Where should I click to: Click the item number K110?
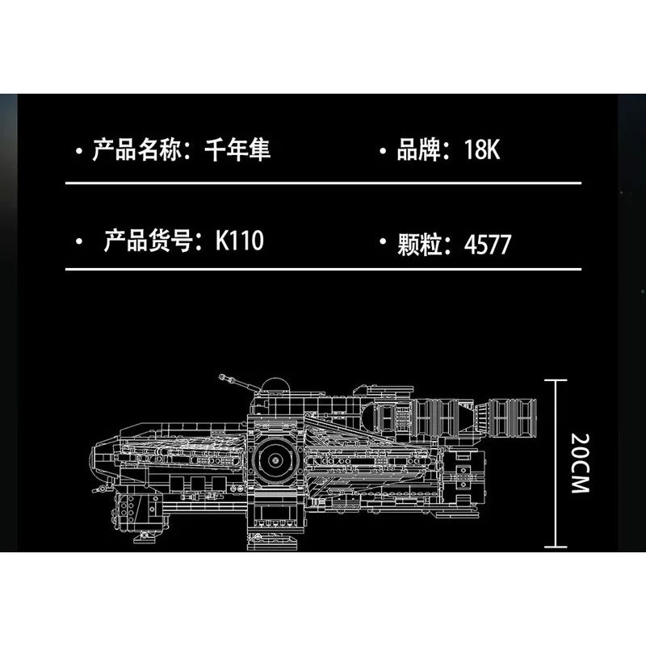tap(239, 241)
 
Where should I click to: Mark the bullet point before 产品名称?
tap(78, 151)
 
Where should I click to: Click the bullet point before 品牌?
tap(383, 151)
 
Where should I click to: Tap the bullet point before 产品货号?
tap(78, 242)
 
